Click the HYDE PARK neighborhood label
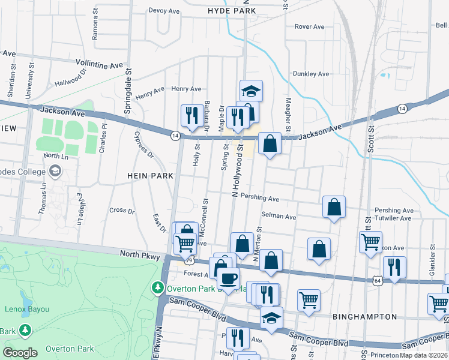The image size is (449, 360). pos(228,11)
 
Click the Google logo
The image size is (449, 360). pos(20,353)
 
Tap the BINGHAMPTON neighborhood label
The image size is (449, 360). pos(364,316)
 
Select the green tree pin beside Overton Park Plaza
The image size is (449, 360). pos(158,287)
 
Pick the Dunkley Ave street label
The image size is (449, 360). pos(311,74)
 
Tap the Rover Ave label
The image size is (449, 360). pos(310,26)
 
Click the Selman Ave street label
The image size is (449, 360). pos(279,216)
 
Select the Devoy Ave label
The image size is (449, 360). pos(164,11)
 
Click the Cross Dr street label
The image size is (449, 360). pos(122,211)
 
